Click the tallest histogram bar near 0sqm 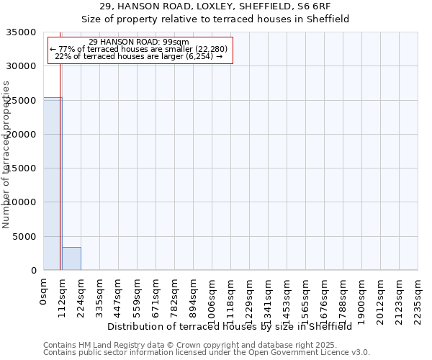point(52,184)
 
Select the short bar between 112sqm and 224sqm point(71,258)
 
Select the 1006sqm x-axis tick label point(212,296)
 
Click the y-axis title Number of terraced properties point(6,155)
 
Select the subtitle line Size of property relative point(215,19)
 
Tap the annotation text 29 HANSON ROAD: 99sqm point(141,42)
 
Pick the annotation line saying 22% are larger point(141,56)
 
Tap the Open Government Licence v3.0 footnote point(207,353)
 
